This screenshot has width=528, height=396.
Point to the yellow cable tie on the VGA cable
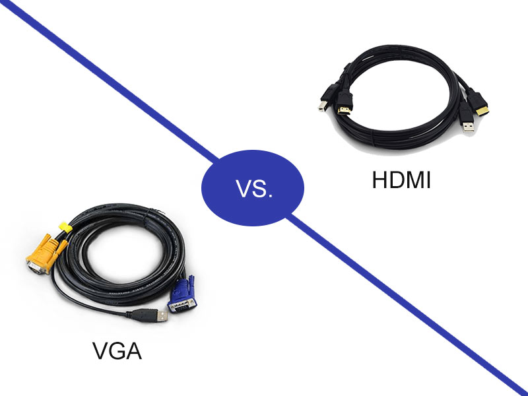pyautogui.click(x=65, y=228)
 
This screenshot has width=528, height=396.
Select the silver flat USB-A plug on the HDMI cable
pyautogui.click(x=467, y=125)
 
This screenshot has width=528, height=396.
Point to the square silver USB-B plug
pyautogui.click(x=321, y=105)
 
